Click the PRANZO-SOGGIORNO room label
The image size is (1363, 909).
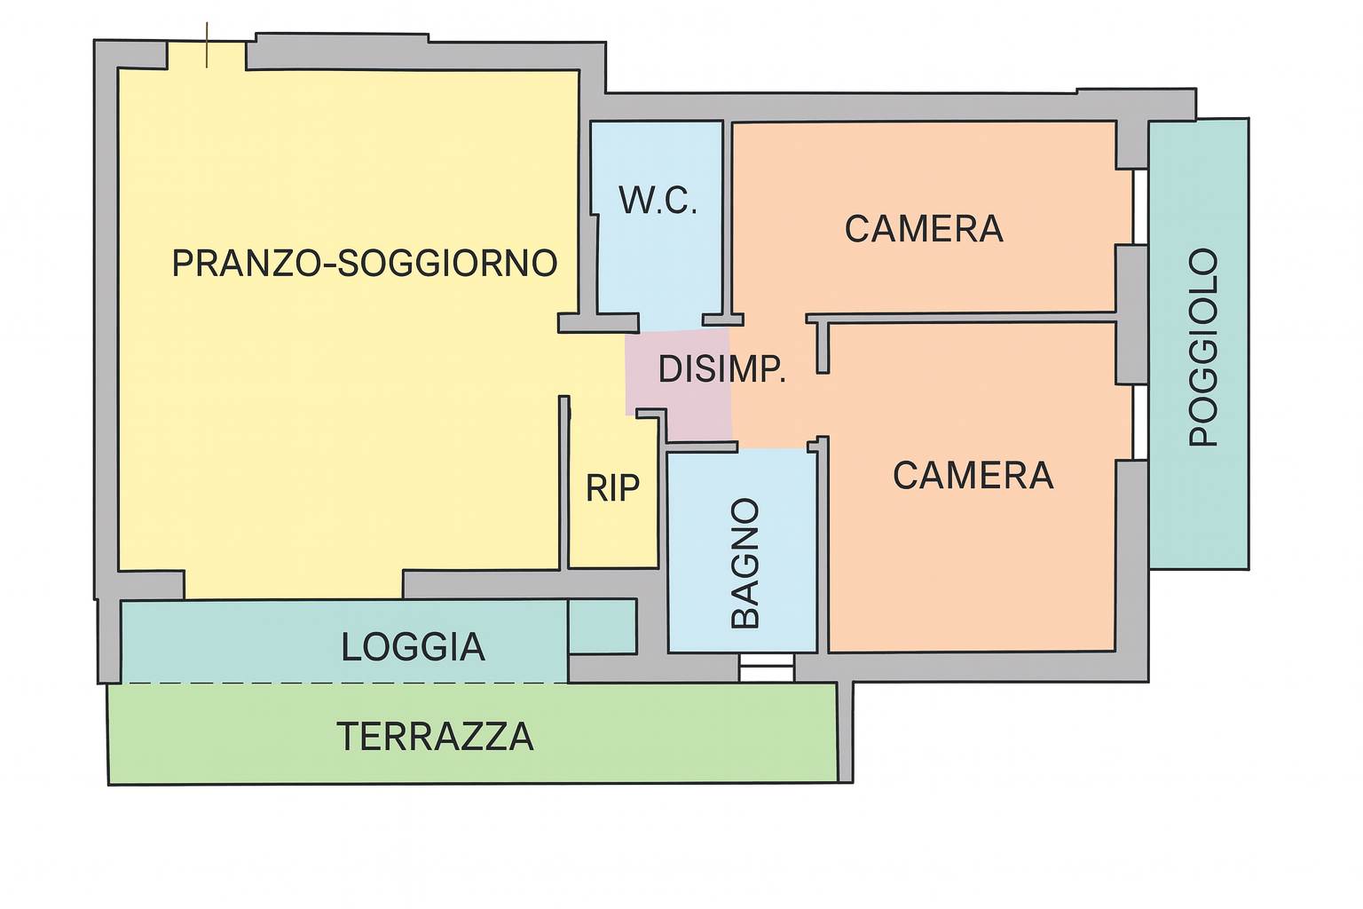[x=365, y=263]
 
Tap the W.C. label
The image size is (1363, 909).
[x=658, y=200]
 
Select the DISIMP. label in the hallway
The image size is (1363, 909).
[x=721, y=369]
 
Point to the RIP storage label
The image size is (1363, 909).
[x=612, y=487]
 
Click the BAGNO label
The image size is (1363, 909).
[x=745, y=563]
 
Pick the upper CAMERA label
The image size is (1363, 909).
[x=924, y=229]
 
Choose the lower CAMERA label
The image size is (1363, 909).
[x=973, y=476]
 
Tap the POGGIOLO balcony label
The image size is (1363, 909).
[x=1203, y=347]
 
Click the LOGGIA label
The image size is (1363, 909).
[x=414, y=646]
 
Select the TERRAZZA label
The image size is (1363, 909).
[x=435, y=737]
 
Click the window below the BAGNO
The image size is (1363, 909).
[x=766, y=668]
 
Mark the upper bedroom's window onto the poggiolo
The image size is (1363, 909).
[x=1139, y=207]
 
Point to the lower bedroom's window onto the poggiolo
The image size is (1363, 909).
[x=1139, y=422]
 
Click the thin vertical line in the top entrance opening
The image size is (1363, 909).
[x=207, y=45]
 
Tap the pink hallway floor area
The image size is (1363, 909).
[x=680, y=384]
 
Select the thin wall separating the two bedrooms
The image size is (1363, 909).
[x=961, y=318]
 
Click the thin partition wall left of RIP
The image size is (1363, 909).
[x=564, y=482]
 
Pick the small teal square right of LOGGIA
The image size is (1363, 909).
[x=603, y=627]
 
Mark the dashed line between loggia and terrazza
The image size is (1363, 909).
[x=344, y=684]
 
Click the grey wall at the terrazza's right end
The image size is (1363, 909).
[x=845, y=732]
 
